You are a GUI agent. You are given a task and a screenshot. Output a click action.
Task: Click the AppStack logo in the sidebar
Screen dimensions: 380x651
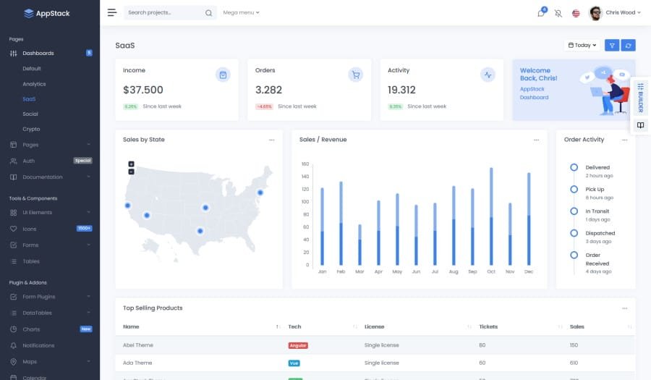47,13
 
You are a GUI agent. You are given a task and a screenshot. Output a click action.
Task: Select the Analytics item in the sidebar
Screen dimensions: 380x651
34,84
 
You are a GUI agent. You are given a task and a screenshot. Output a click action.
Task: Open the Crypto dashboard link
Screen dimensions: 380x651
31,129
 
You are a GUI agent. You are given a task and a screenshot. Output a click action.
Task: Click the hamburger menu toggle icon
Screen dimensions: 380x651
111,12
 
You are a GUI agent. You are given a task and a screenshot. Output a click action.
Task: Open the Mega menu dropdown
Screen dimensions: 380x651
241,12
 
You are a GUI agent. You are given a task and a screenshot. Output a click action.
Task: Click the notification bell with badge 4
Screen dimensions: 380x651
541,13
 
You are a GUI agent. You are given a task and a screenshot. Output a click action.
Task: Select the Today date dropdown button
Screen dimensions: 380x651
582,45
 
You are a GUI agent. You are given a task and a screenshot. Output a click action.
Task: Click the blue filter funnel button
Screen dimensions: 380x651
612,45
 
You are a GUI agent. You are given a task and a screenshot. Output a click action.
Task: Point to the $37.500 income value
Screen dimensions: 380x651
143,90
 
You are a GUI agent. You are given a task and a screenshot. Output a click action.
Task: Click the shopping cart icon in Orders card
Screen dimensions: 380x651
355,75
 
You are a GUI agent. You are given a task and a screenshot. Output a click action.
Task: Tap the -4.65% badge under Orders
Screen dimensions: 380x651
264,106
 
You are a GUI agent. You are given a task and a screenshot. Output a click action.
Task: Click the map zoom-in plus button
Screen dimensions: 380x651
131,164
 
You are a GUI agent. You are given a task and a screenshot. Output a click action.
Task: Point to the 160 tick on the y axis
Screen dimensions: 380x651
305,164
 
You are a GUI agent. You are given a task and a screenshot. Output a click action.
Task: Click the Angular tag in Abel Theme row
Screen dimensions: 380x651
298,345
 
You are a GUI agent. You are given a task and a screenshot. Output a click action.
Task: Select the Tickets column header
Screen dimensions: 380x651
488,326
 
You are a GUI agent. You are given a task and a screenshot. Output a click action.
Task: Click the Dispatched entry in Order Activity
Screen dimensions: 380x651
600,233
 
